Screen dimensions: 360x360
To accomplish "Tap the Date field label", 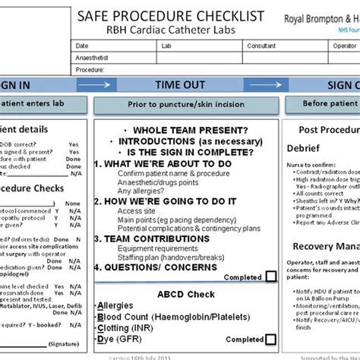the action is (x=82, y=46).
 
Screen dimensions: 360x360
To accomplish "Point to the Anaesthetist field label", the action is (x=93, y=57).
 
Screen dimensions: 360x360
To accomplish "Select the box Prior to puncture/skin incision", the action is (x=181, y=103).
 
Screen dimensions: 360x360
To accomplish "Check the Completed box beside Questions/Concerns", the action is (x=271, y=278).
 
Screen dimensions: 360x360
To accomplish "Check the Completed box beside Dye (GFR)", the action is (x=271, y=339).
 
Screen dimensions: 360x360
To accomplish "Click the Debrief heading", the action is (x=307, y=150).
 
